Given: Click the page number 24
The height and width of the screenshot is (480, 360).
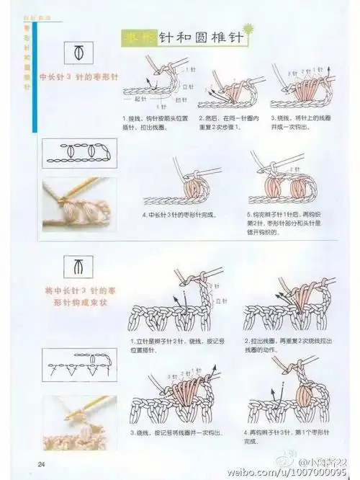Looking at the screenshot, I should click(42, 463).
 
